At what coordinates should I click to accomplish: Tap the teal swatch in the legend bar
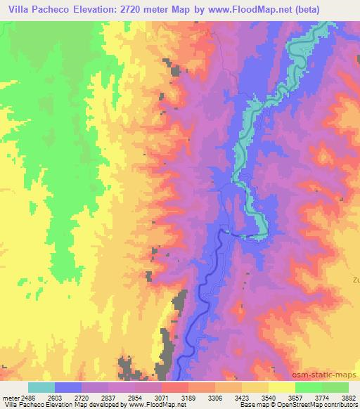coord(41,387)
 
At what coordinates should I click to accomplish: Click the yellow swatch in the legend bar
coord(281,387)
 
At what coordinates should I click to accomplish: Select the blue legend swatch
coord(68,387)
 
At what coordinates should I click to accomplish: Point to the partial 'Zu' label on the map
coord(355,278)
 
